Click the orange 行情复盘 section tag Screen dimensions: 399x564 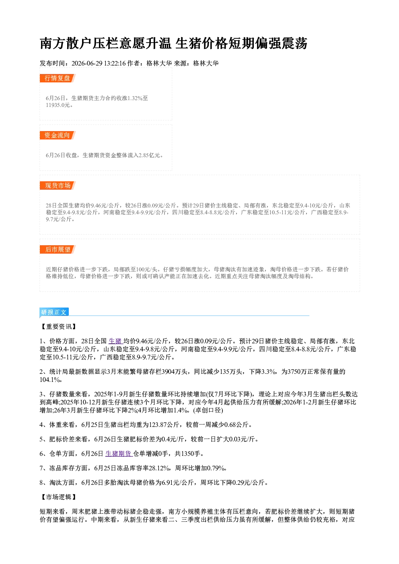click(x=58, y=78)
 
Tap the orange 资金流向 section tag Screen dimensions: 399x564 click(x=58, y=135)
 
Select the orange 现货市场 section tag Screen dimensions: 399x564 click(x=58, y=186)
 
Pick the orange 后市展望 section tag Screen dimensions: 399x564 click(x=58, y=250)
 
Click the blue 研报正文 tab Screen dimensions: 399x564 click(x=54, y=312)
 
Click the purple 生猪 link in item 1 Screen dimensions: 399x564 click(x=115, y=341)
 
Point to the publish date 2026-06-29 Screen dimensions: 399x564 click(x=87, y=63)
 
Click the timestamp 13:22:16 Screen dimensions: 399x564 click(x=115, y=63)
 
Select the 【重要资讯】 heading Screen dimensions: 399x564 click(x=58, y=326)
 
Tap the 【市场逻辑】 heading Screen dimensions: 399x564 click(x=58, y=497)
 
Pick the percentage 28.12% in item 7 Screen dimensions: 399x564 click(x=159, y=468)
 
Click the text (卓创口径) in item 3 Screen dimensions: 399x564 click(x=208, y=410)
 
